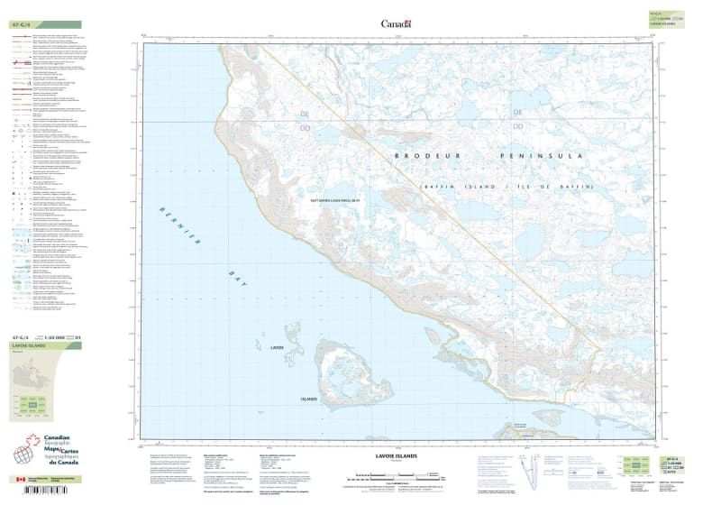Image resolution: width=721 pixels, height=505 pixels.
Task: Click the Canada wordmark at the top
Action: (396, 23)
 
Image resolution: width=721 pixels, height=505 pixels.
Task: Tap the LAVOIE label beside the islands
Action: (277, 347)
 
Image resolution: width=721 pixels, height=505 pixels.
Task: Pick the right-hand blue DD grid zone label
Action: (517, 126)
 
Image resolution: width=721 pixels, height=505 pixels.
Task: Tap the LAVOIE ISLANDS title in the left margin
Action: (29, 346)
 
